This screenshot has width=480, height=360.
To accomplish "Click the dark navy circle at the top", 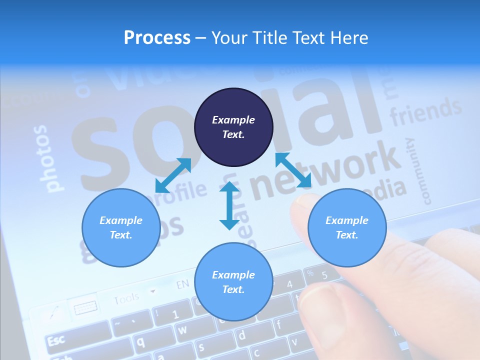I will coord(233,127).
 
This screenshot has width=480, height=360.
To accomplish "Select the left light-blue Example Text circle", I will coord(121,227).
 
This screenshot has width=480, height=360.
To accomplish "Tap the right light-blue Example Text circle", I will coord(347,227).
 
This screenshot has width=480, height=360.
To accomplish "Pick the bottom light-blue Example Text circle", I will coord(233,281).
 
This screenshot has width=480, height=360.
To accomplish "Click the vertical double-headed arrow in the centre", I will coord(229,205).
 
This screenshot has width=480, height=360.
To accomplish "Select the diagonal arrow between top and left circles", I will coord(173,175).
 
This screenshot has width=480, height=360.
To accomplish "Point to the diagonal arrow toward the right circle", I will coord(293,170).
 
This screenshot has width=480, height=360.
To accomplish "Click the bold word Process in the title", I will coord(157,37).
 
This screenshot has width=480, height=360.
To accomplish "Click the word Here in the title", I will coord(348,37).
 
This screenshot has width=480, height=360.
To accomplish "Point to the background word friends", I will coord(425,111).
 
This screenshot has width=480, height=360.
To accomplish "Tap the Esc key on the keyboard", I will coord(56,341).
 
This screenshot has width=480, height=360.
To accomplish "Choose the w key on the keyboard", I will coord(182,330).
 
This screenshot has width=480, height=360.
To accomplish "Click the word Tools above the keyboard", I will coord(126,299).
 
